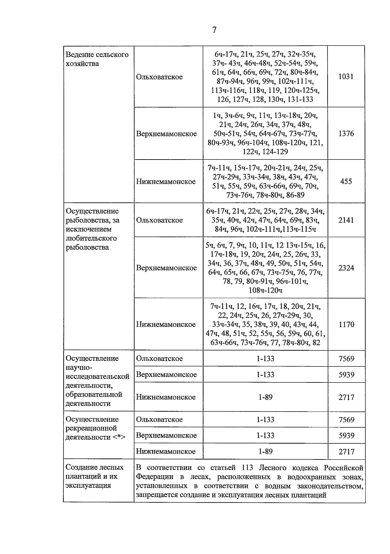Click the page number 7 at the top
pos(214,30)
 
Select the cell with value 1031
pos(346,77)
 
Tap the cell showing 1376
pos(346,134)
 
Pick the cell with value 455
pos(346,181)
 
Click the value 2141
pos(346,220)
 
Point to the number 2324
pos(346,268)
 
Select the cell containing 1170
pos(346,324)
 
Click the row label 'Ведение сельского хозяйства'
pos(97,59)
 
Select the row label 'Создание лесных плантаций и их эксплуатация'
pos(95,476)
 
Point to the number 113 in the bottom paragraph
pos(248,468)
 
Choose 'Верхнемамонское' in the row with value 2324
pos(166,268)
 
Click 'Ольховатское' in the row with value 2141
pos(159,220)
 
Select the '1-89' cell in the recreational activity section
pos(265,451)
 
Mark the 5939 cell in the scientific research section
pos(346,375)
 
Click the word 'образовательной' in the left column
pos(94,394)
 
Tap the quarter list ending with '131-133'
pos(265,77)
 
